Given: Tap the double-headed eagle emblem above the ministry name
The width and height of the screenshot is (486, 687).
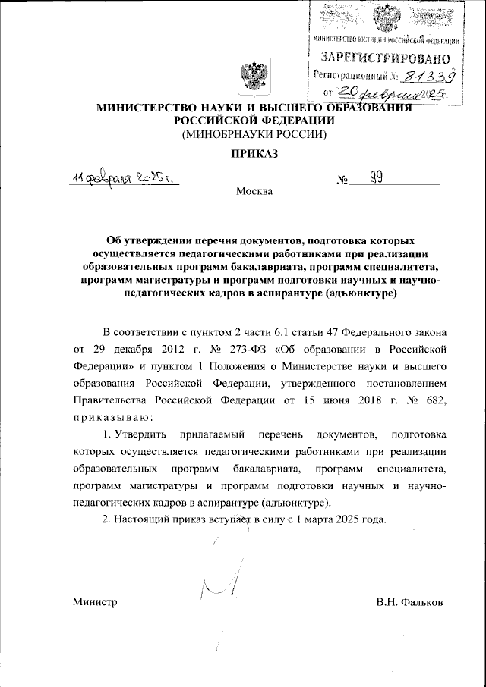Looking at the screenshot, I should tap(251, 78).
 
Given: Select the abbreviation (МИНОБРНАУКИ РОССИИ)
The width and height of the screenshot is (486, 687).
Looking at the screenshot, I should tap(251, 135).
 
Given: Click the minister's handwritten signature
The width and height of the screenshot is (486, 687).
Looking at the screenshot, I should tap(222, 583).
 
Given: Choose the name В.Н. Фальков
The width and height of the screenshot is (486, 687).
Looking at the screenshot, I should tap(409, 601).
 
